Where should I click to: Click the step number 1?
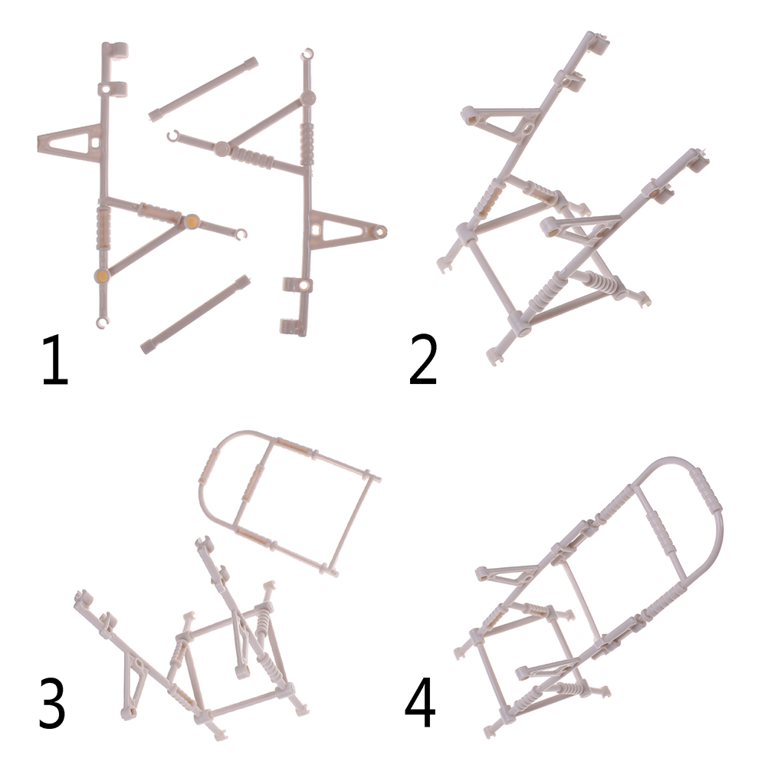55,360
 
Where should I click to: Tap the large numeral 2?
422,360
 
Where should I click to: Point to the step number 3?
52,704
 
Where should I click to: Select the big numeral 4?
420,704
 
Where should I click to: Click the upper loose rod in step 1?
203,89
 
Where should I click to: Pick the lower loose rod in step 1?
195,314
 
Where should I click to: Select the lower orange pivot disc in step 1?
102,276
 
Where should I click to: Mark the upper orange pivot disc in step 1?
192,222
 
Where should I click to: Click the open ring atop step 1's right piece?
307,54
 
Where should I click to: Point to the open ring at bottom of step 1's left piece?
101,322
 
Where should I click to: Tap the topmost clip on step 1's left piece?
117,50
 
